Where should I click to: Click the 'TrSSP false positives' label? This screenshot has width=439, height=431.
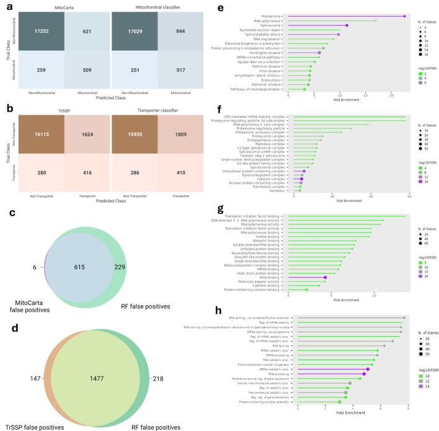click(30, 427)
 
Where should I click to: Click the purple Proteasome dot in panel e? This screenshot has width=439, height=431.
click(404, 16)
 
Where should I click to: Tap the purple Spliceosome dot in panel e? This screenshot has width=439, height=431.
click(347, 25)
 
